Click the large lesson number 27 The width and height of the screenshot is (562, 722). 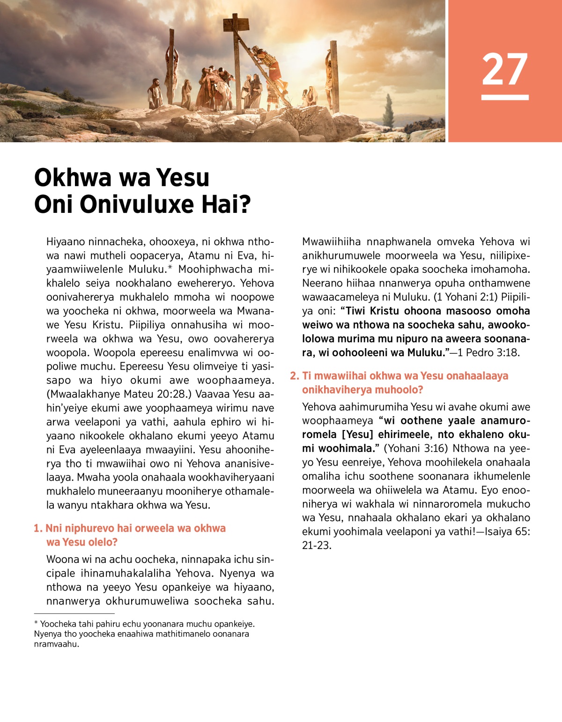[505, 69]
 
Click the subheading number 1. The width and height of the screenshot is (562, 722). [37, 528]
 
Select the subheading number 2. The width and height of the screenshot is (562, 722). [294, 376]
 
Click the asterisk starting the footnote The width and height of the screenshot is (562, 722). [36, 624]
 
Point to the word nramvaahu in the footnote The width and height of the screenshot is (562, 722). [56, 644]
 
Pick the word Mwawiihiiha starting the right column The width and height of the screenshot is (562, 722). [331, 242]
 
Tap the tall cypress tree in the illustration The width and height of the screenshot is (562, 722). [389, 110]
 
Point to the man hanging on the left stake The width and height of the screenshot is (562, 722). [171, 70]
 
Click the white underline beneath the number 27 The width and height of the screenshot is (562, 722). [505, 97]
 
